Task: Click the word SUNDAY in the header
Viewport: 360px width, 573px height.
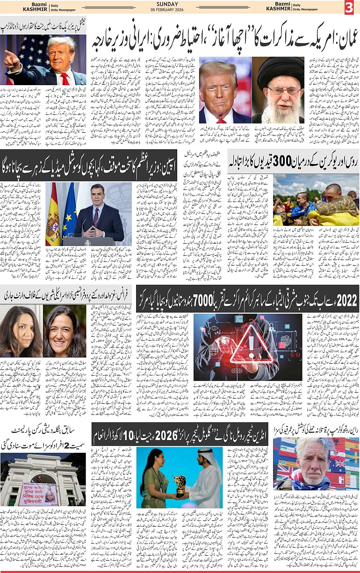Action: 180,4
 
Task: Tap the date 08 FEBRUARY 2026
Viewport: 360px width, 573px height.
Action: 180,11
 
